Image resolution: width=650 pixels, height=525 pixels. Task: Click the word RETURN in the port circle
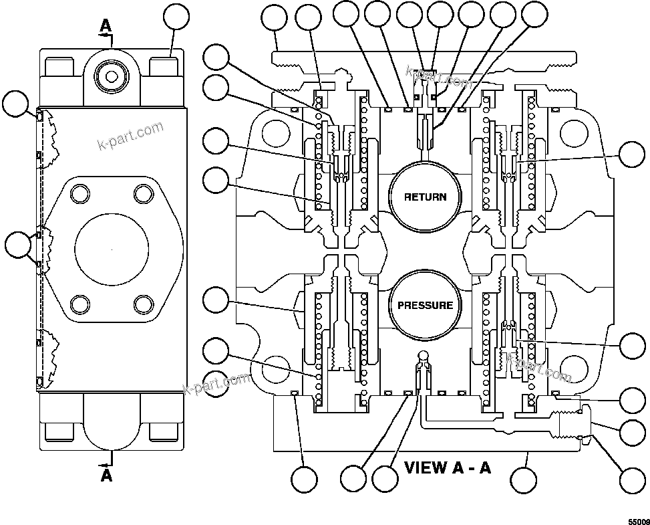coord(425,197)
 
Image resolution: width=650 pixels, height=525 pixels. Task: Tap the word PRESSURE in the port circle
coord(425,306)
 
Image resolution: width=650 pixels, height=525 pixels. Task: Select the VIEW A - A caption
coord(448,467)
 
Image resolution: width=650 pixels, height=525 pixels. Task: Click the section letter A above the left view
coord(106,25)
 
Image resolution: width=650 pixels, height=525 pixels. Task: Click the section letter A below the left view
coord(106,476)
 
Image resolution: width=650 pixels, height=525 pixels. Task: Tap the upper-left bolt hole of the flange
coord(79,194)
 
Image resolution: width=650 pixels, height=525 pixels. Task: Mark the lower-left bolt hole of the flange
coord(79,304)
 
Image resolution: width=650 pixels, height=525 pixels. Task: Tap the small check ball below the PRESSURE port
coord(423,354)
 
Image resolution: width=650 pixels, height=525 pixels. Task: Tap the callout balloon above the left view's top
coord(177,18)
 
